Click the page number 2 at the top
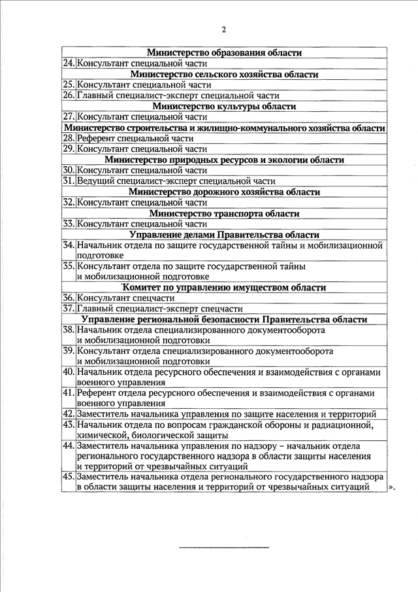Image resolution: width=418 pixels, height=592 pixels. point(223,29)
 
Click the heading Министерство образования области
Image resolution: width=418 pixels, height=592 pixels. point(224,53)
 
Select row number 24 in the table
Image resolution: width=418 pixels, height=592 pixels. point(69,63)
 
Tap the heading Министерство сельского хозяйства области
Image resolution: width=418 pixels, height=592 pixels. point(224,75)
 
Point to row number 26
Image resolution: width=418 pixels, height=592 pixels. point(69,96)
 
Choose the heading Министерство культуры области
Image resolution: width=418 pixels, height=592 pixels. point(224,106)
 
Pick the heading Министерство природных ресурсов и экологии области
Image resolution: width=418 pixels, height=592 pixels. point(224,160)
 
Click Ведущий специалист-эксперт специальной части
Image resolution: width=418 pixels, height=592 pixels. point(176,181)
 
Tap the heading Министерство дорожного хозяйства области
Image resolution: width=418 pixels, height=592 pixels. point(224,192)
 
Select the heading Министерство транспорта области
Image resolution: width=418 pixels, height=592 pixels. point(224,213)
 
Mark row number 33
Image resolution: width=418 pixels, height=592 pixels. point(69,224)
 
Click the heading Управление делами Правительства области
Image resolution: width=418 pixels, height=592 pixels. point(224,234)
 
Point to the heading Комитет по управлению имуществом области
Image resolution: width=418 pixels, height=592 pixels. point(224,287)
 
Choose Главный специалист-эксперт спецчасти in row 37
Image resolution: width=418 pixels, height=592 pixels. point(160,308)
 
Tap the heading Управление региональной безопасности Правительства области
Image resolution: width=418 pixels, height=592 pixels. point(224,319)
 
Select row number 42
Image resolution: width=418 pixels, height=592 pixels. point(69,414)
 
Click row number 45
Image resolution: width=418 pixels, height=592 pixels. point(69,478)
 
